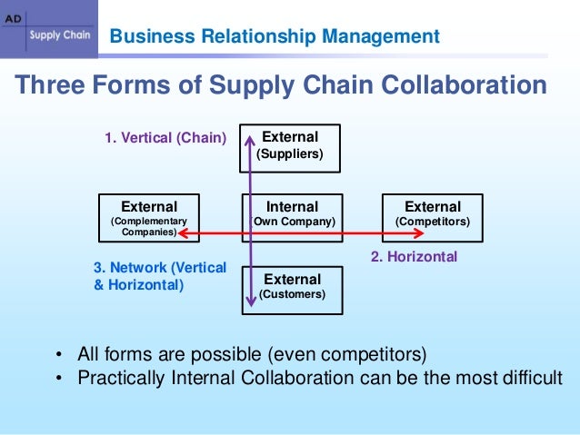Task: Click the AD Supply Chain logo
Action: click(47, 28)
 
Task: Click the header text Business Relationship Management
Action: click(275, 37)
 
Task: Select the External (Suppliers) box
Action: click(290, 147)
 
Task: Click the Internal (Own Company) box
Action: click(292, 214)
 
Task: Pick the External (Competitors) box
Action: click(432, 214)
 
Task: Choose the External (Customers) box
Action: click(292, 288)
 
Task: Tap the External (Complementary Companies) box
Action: click(148, 216)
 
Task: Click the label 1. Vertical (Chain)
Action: click(165, 139)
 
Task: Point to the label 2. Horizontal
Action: click(414, 257)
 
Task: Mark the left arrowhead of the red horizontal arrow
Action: click(181, 233)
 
